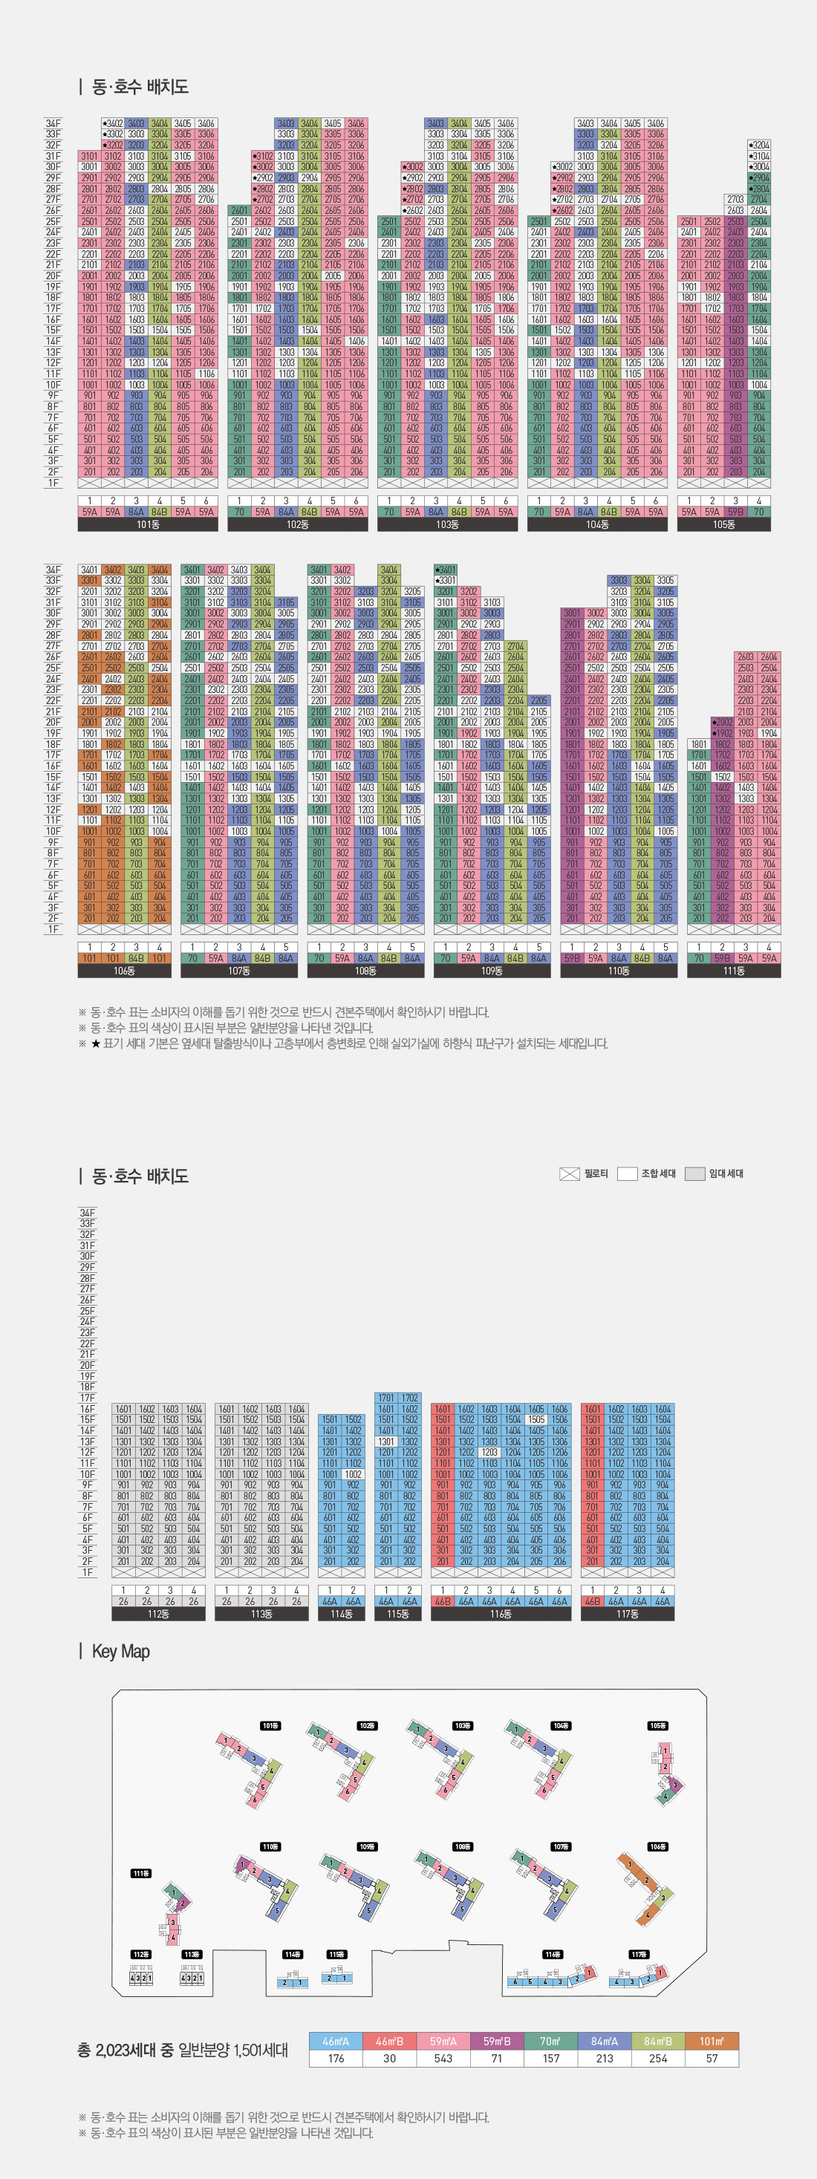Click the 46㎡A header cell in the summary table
(x=336, y=2041)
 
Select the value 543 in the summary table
(x=443, y=2058)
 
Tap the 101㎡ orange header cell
(x=712, y=2041)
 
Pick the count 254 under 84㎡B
(x=658, y=2058)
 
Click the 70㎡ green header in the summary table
(x=550, y=2041)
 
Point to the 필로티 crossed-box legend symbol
(x=569, y=1173)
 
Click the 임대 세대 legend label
(x=726, y=1173)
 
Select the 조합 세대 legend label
(x=658, y=1173)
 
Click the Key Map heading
(x=120, y=1651)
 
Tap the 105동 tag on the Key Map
(x=657, y=1726)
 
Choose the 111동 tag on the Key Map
(x=140, y=1874)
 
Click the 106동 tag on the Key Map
(x=657, y=1846)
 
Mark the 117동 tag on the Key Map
(x=639, y=1954)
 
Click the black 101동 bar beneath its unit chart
(x=148, y=524)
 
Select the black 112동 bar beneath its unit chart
(x=158, y=1614)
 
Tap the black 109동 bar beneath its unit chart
(x=492, y=971)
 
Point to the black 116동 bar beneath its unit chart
(x=501, y=1614)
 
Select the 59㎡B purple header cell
(x=498, y=2041)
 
